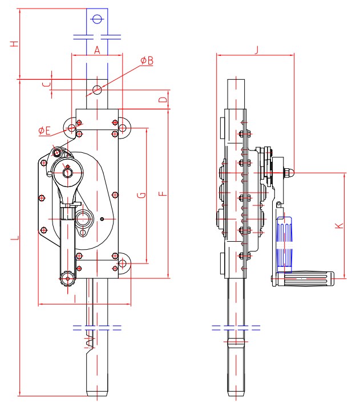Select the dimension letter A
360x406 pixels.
click(x=96, y=51)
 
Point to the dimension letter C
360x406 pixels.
click(x=47, y=84)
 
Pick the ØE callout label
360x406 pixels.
click(x=45, y=131)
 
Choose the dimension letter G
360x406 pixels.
click(x=141, y=195)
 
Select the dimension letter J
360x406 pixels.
click(x=256, y=50)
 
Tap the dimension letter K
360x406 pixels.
click(x=339, y=225)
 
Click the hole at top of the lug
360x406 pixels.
click(x=96, y=19)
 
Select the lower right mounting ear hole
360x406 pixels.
click(x=122, y=263)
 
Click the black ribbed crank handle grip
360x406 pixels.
click(x=311, y=279)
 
